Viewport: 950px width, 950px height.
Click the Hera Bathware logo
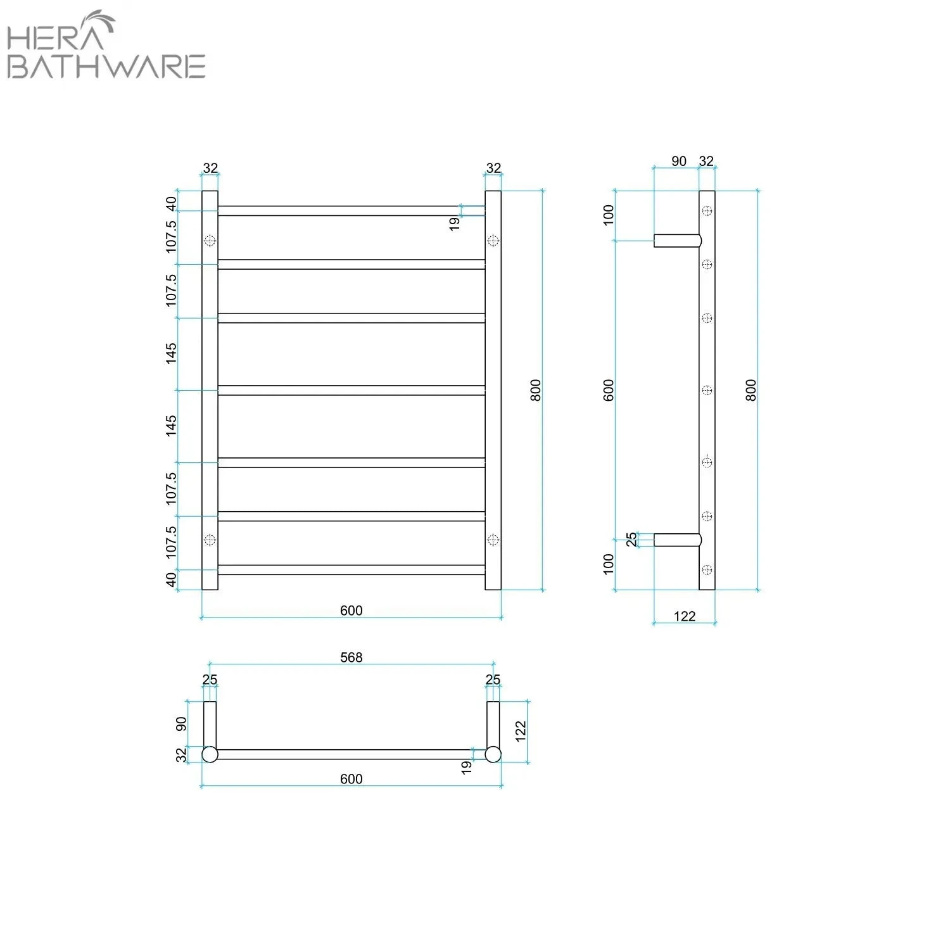[x=106, y=46]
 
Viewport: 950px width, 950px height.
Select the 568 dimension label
[x=351, y=657]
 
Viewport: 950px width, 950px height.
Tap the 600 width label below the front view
[x=351, y=611]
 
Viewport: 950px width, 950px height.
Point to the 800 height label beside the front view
[x=536, y=390]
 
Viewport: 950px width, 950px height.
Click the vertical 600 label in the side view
[x=609, y=390]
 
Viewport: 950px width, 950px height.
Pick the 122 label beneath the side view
[x=684, y=616]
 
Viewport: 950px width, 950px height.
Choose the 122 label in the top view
[x=521, y=731]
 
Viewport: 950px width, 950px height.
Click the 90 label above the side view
[x=678, y=161]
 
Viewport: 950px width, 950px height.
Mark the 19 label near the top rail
[x=454, y=224]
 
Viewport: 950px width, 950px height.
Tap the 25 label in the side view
[x=631, y=539]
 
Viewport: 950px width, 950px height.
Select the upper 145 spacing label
[x=171, y=353]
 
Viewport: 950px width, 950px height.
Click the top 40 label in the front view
[x=171, y=204]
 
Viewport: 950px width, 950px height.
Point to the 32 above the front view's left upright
[x=210, y=168]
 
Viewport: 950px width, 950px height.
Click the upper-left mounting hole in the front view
[x=210, y=241]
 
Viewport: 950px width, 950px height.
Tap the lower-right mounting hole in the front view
[x=493, y=540]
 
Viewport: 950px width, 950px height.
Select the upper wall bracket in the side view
[x=677, y=241]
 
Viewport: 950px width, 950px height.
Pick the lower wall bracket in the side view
[x=677, y=540]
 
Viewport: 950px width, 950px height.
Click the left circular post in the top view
[x=210, y=754]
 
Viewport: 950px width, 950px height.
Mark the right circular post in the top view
[x=493, y=754]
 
